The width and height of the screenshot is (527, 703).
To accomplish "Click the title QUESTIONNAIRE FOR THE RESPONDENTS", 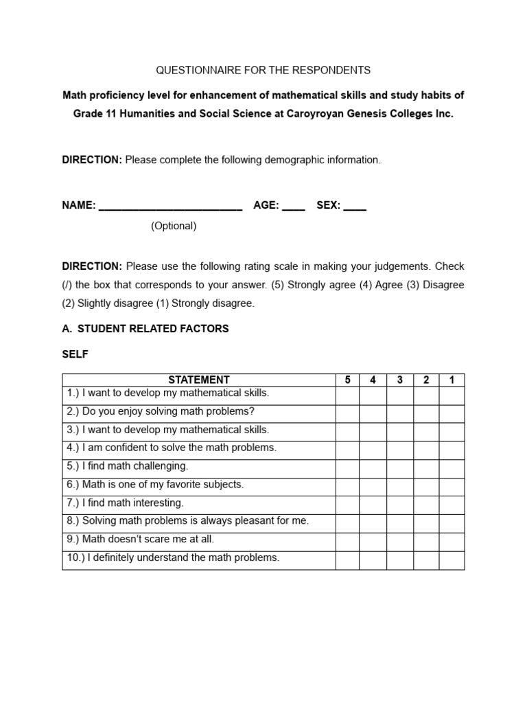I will click(x=263, y=70).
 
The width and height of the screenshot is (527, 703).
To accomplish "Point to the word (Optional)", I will click(x=174, y=226).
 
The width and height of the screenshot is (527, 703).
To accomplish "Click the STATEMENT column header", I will click(x=199, y=380).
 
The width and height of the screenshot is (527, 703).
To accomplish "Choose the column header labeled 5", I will click(x=347, y=380).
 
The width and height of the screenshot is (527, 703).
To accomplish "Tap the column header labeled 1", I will click(x=452, y=380).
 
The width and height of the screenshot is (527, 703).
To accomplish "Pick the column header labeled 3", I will click(x=399, y=380).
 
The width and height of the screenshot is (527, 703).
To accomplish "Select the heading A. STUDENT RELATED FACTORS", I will click(x=145, y=329).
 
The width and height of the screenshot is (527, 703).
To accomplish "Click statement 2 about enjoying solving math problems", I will click(x=161, y=412).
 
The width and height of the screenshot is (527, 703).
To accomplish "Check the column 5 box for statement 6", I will click(x=347, y=485).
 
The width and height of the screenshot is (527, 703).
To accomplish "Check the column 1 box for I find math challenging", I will click(x=452, y=466).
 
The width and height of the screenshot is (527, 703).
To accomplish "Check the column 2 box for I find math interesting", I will click(x=425, y=503).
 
